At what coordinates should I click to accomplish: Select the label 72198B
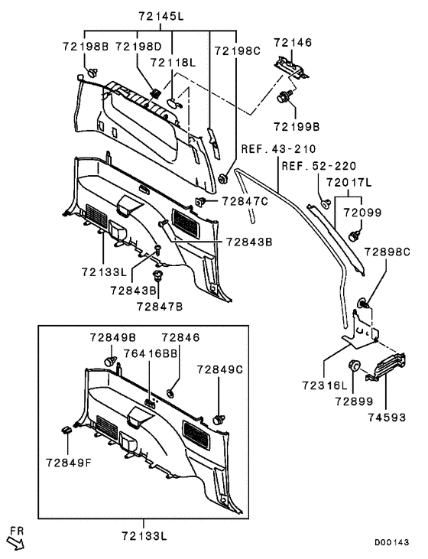(x=86, y=48)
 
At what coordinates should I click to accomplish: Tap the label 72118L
(x=174, y=63)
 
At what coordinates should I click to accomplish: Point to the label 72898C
(x=387, y=252)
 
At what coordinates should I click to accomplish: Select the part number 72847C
(x=245, y=201)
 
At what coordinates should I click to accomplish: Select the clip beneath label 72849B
(x=109, y=359)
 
